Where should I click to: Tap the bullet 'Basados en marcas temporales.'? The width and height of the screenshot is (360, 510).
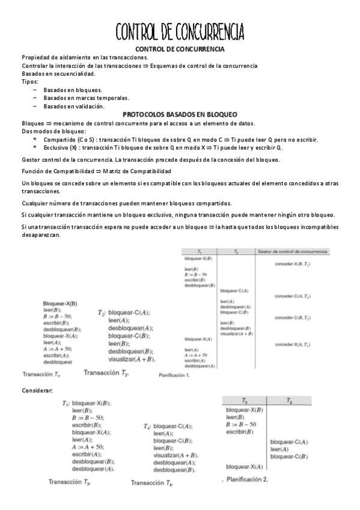87,98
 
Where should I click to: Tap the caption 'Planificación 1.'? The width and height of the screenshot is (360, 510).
174,376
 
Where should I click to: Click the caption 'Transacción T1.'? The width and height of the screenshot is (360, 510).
41,374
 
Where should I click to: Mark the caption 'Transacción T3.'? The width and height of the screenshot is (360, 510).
70,482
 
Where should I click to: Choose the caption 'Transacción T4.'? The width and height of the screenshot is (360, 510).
152,483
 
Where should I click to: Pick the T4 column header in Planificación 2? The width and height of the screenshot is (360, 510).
289,400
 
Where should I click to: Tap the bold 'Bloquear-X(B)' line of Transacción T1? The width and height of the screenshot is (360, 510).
60,303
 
